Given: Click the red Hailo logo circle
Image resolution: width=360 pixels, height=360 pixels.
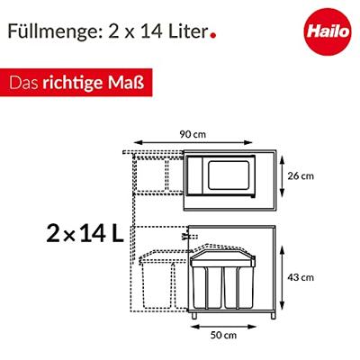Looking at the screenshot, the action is coord(328,31).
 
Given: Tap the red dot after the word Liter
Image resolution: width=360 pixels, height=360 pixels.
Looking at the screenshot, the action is coord(213,35).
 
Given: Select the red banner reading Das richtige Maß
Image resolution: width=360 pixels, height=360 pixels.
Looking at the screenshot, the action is coord(76,83).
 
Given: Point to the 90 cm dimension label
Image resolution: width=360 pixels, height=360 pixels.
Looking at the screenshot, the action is coord(193,134).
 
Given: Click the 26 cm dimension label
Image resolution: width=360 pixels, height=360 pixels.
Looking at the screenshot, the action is coord(301,175).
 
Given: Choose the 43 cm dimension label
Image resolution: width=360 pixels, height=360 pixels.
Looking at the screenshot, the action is coord(301,277).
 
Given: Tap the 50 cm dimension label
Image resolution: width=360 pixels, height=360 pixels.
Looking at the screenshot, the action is coord(223,335).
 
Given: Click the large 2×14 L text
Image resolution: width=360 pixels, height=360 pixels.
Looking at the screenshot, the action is coord(85,234).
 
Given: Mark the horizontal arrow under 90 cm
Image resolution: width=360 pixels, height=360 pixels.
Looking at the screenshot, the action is coord(193,142).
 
